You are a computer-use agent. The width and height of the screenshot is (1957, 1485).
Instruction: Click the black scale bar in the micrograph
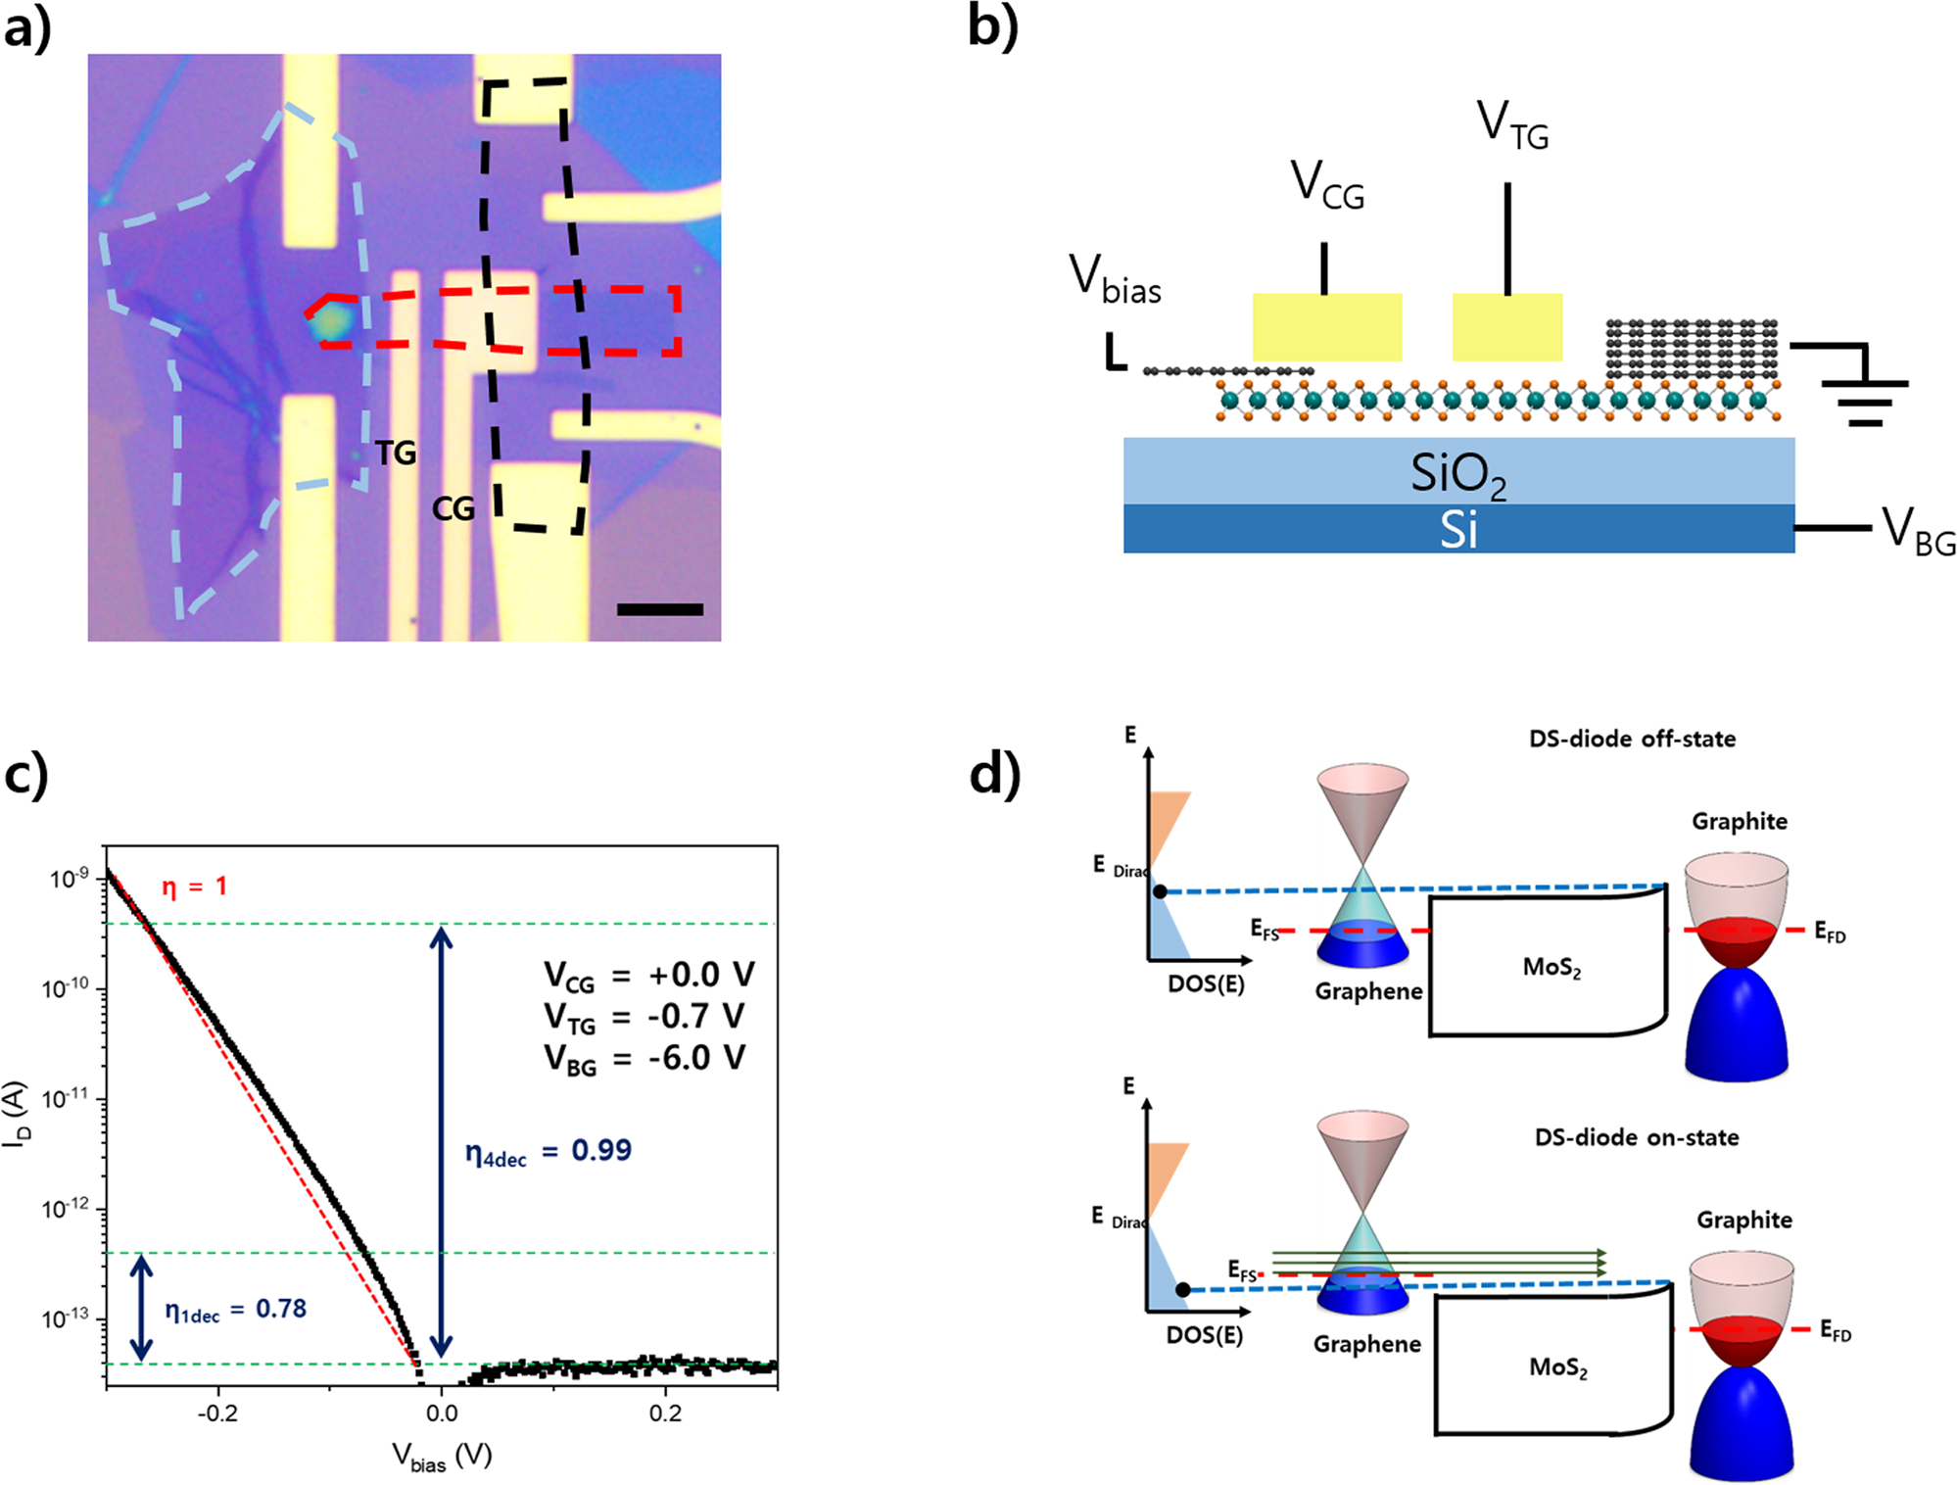coord(659,609)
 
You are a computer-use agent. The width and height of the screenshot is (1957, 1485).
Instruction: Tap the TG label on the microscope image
coord(396,453)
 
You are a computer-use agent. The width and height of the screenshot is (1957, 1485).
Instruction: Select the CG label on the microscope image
coord(453,508)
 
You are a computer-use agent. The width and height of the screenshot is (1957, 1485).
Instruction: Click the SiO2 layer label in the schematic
coord(1457,475)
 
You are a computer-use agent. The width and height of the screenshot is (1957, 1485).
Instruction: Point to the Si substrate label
coord(1457,530)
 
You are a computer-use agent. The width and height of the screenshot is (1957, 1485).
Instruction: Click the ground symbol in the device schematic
coord(1864,397)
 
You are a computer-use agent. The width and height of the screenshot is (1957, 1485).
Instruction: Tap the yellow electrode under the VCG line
coord(1327,327)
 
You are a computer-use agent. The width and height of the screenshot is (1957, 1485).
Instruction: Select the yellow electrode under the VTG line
coord(1506,327)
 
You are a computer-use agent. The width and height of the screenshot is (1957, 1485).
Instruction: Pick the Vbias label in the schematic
coord(1115,278)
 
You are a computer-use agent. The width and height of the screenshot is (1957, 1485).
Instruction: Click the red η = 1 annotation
coord(194,886)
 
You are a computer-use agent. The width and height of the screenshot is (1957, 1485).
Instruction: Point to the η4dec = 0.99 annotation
coord(549,1151)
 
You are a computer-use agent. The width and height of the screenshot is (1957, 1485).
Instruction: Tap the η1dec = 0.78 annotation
coord(235,1310)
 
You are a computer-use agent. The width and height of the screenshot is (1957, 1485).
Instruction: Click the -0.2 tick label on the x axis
coord(217,1413)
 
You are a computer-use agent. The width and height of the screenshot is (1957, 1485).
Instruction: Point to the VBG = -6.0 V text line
coord(644,1059)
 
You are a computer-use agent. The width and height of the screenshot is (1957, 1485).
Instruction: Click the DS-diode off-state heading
coord(1632,739)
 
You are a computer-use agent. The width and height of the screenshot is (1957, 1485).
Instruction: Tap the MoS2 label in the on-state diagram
coord(1557,1367)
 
